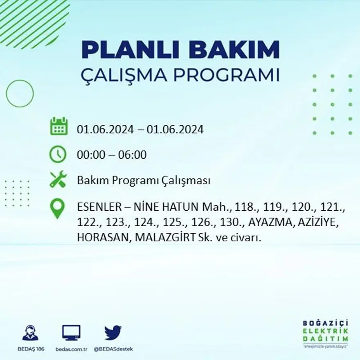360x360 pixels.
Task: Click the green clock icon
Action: pyautogui.click(x=58, y=154)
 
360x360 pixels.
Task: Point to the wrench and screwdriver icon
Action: pyautogui.click(x=58, y=180)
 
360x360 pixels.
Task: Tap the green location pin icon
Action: pyautogui.click(x=57, y=208)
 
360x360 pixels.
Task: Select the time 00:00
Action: pyautogui.click(x=90, y=155)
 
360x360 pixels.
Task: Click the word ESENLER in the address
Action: pyautogui.click(x=97, y=208)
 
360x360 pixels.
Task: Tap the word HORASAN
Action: pyautogui.click(x=102, y=237)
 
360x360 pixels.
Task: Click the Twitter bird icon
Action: pyautogui.click(x=113, y=333)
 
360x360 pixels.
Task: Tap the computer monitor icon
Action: pyautogui.click(x=71, y=333)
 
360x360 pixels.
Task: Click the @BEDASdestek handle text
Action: pyautogui.click(x=113, y=349)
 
